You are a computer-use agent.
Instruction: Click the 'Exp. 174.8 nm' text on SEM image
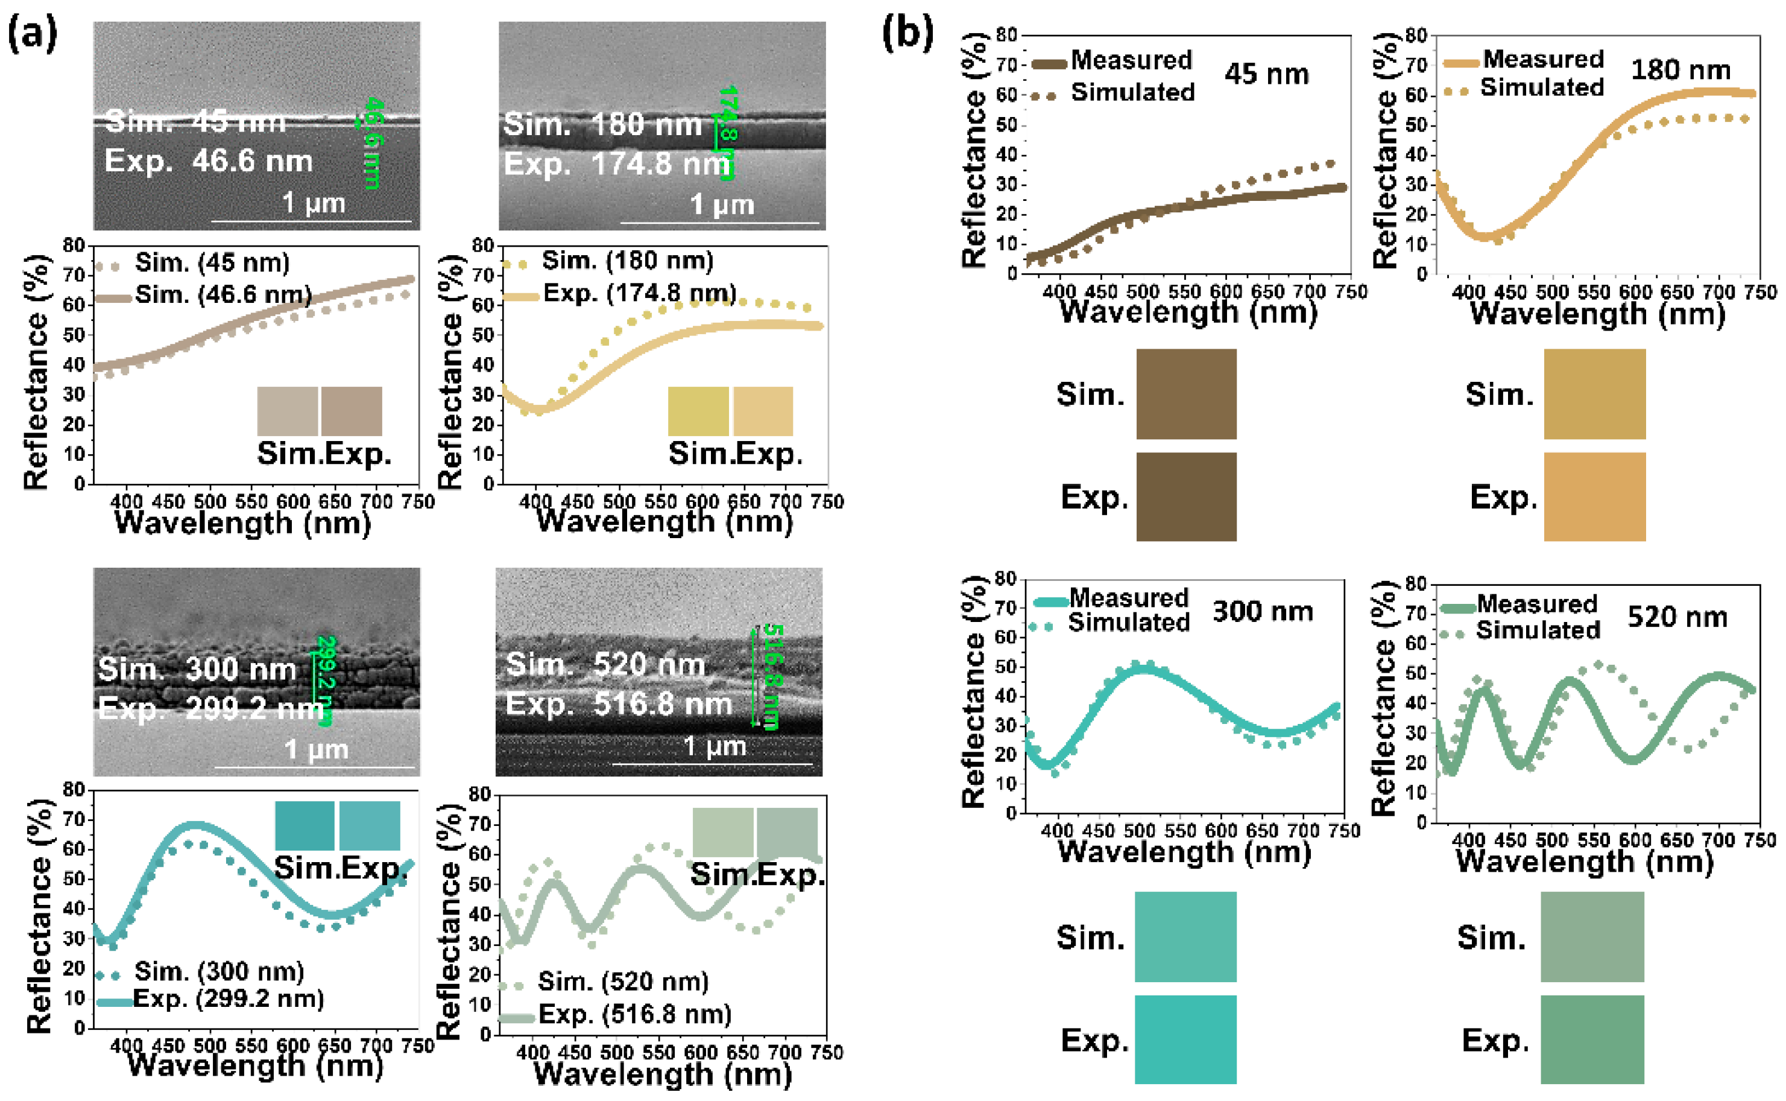(617, 165)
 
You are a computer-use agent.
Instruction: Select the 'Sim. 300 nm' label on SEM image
(197, 669)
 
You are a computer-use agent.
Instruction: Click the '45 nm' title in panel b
(1266, 74)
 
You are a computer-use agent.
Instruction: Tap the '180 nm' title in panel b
(1680, 70)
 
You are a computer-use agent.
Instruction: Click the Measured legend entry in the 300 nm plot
(1128, 598)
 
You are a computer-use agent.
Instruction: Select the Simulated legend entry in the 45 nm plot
(1132, 92)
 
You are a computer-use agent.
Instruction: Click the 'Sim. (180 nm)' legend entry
(626, 261)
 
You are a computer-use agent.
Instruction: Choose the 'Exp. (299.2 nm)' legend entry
(228, 998)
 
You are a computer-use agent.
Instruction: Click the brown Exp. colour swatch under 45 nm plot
(1185, 497)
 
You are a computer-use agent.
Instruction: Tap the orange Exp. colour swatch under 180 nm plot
(1594, 497)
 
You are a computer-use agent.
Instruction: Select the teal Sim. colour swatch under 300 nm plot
(1185, 937)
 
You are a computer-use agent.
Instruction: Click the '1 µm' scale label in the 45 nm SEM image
(314, 203)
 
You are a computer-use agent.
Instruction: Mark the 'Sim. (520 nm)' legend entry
(622, 982)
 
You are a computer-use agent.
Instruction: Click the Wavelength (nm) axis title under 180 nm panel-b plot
(1597, 314)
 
